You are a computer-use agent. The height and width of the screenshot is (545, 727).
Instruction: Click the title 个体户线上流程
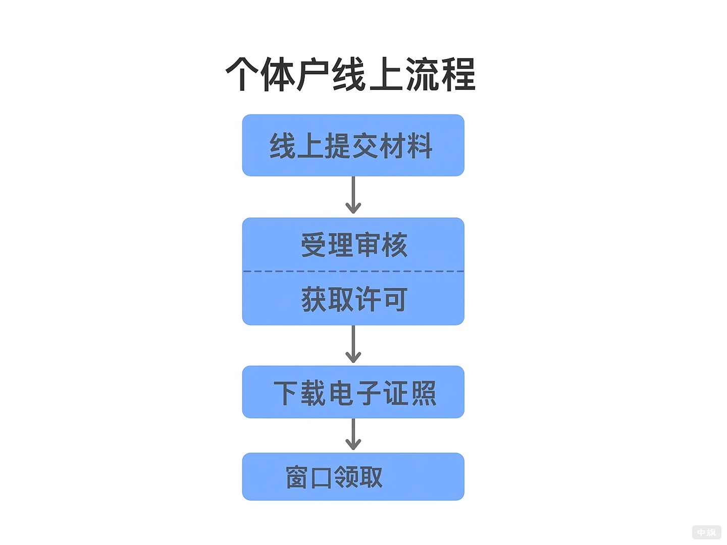(351, 74)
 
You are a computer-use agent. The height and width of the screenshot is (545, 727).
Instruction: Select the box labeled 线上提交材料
(353, 145)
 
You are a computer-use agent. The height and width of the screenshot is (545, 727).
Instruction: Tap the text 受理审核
(354, 245)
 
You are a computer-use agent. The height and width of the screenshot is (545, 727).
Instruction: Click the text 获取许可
(354, 299)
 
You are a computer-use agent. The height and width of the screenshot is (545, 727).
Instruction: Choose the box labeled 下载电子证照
(353, 392)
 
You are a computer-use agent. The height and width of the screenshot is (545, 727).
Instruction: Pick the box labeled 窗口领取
(353, 476)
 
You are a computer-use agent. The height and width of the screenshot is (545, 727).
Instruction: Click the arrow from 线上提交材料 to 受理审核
(353, 196)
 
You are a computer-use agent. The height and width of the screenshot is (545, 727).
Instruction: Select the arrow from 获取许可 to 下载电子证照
(353, 345)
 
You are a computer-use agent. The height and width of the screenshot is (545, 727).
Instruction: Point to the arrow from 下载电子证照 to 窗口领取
(353, 434)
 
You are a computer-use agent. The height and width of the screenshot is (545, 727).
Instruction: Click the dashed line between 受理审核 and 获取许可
(353, 271)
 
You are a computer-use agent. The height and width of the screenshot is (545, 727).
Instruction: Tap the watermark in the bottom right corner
(706, 532)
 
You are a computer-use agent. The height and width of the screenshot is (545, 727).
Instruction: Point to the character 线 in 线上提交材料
(282, 146)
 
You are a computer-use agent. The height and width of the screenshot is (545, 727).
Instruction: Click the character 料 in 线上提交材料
(420, 146)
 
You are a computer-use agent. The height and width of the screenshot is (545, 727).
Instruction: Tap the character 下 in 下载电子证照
(286, 393)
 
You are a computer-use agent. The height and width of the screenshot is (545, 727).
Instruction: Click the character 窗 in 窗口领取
(297, 477)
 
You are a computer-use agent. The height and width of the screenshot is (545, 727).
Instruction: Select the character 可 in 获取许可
(395, 300)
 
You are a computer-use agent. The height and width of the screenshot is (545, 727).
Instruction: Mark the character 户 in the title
(314, 74)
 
